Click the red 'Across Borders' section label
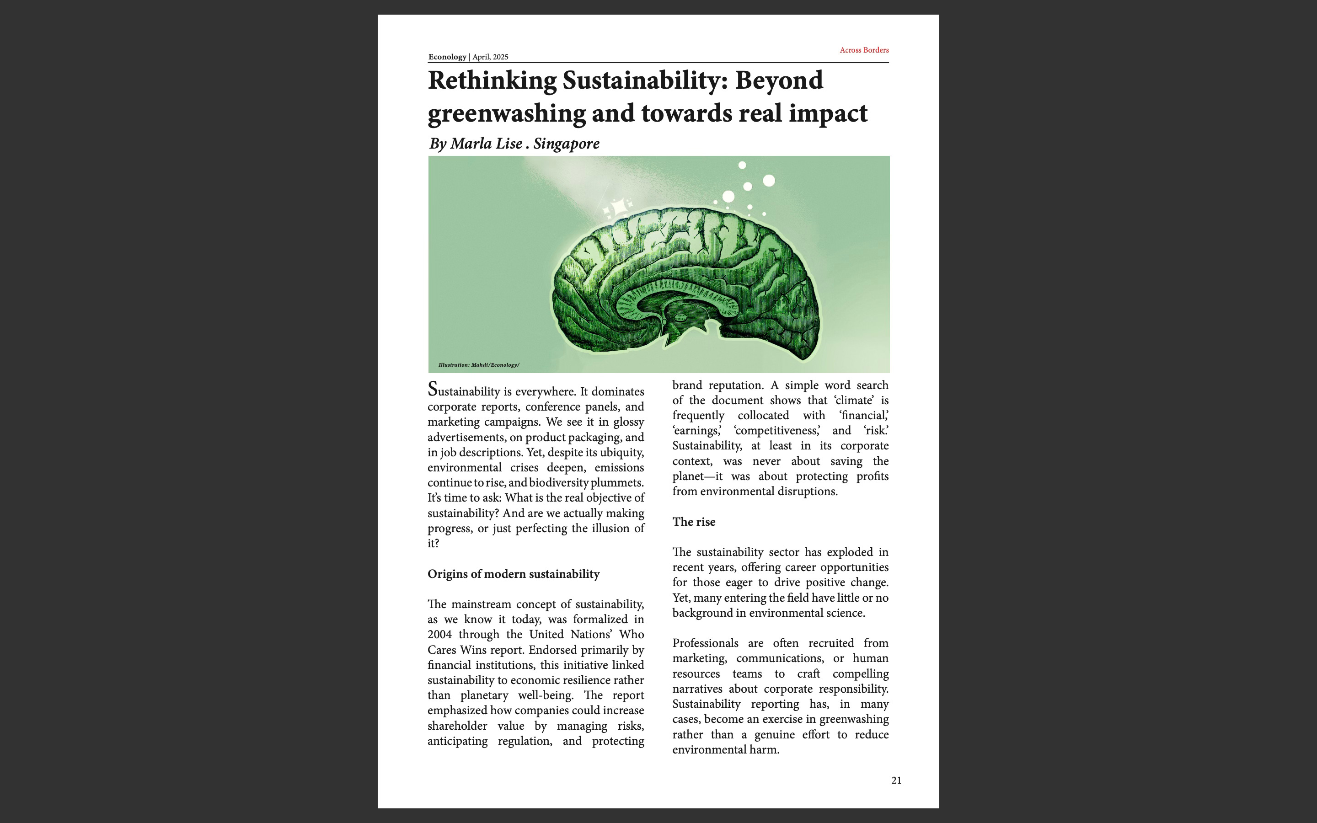(x=864, y=50)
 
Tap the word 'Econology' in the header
(x=447, y=57)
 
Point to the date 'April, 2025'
(x=490, y=57)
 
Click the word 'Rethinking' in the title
(x=492, y=80)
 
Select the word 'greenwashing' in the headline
(x=506, y=114)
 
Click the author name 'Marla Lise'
(x=486, y=143)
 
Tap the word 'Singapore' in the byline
(x=566, y=143)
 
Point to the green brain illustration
(x=686, y=283)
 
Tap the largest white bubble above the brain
(x=768, y=180)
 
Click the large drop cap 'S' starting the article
(x=433, y=389)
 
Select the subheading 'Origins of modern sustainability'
(x=513, y=574)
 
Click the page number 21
(x=896, y=780)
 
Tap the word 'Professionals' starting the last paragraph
(x=705, y=643)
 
